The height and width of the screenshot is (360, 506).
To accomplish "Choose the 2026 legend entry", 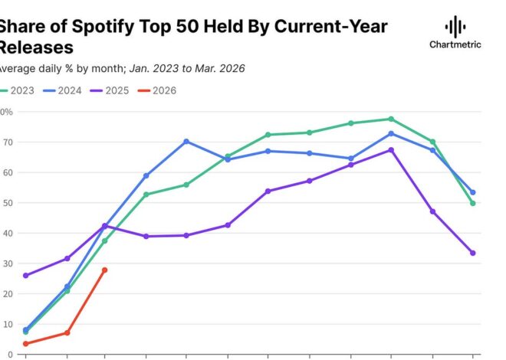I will [159, 90].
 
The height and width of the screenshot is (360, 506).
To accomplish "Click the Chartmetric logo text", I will [455, 44].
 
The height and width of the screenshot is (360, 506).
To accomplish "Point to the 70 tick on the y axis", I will [6, 142].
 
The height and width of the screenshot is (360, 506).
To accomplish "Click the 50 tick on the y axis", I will [6, 203].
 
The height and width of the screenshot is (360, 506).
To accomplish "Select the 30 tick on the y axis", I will [6, 263].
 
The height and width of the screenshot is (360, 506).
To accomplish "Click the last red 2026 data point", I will [104, 270].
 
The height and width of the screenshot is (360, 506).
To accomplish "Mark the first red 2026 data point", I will [26, 344].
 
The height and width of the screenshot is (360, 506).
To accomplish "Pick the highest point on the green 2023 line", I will [391, 119].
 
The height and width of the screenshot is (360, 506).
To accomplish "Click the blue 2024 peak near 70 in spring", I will [186, 142].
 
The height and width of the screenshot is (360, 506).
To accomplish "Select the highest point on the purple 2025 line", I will [391, 150].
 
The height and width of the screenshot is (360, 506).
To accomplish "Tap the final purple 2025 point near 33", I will [473, 253].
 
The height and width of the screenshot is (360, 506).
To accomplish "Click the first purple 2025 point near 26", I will [26, 275].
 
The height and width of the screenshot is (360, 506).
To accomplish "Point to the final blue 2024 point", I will [473, 192].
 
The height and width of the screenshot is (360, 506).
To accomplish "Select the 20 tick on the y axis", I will [6, 294].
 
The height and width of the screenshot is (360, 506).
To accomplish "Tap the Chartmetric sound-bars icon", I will [455, 25].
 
